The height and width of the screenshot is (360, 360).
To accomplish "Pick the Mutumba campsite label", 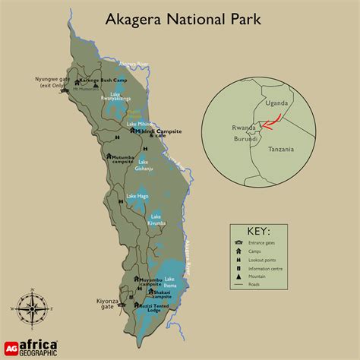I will click(126, 159).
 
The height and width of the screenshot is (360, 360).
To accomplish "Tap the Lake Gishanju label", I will click(147, 164).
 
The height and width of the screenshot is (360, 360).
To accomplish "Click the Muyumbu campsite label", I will click(150, 282).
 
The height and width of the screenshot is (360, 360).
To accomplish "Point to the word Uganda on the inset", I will click(276, 103).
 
